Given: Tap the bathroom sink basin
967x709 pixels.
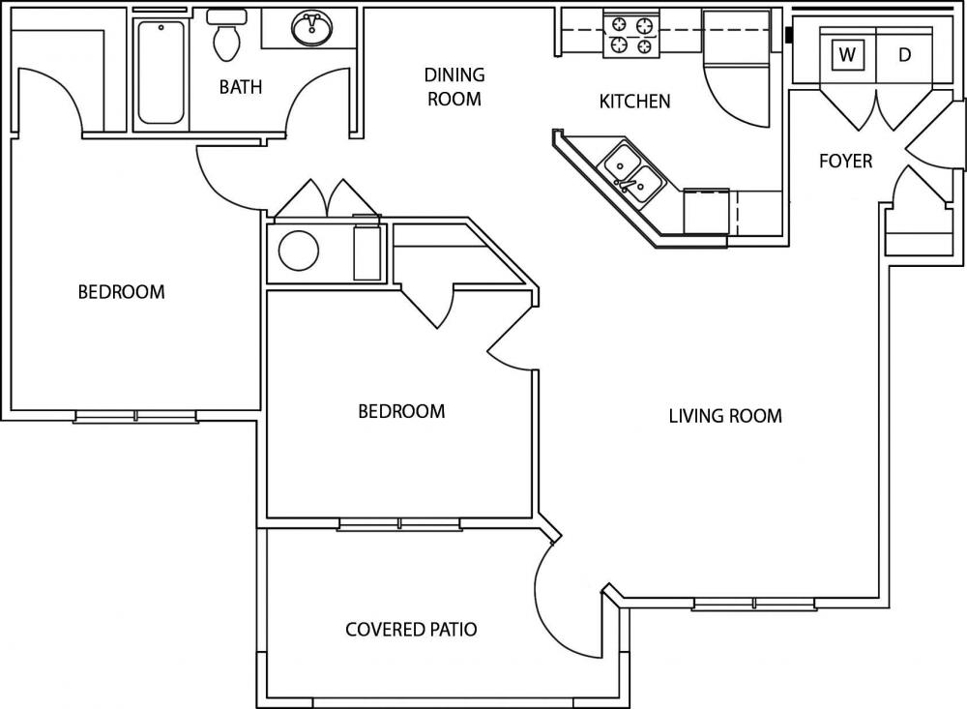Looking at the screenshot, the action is (x=311, y=28).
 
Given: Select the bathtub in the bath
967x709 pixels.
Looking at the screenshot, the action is (x=161, y=73).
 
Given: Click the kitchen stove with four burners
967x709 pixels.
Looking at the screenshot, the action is (x=630, y=35).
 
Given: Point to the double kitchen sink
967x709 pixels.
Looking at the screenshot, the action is (x=631, y=170).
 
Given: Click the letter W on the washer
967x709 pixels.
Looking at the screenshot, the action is (x=847, y=55).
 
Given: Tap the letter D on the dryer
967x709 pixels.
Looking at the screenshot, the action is (x=904, y=55).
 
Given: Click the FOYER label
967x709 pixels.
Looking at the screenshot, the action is (x=845, y=162).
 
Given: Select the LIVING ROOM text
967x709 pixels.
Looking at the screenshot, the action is (x=725, y=416).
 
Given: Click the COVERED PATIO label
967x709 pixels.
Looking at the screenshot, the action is (x=411, y=630).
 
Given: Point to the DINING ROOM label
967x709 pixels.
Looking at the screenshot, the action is (x=454, y=87).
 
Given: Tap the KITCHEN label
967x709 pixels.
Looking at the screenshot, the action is (x=634, y=102).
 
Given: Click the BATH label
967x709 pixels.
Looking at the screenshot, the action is (x=241, y=87).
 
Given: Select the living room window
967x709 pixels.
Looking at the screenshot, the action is (x=754, y=604).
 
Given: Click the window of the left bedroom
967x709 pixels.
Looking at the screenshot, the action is (x=135, y=416).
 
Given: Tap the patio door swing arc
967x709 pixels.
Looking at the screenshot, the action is (x=542, y=605).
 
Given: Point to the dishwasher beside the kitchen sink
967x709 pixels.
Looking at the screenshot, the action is (x=706, y=212).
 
